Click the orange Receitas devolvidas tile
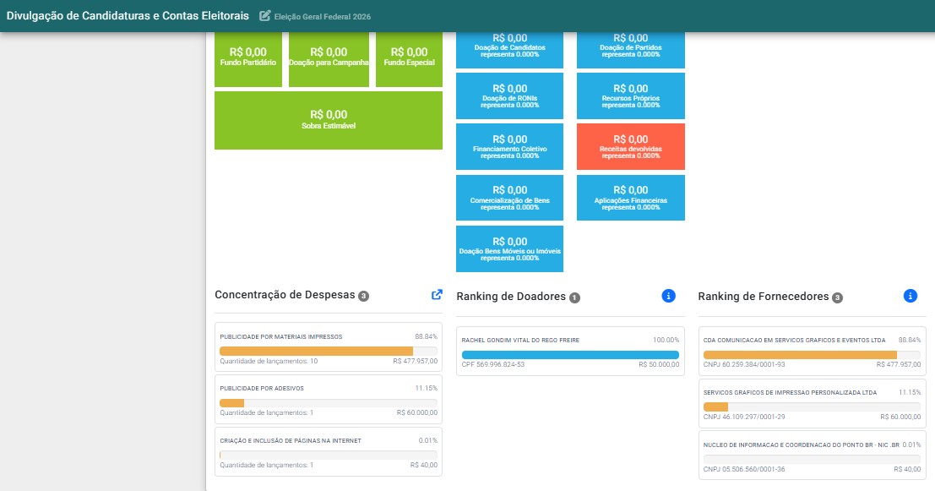pyautogui.click(x=630, y=147)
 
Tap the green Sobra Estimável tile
pyautogui.click(x=329, y=120)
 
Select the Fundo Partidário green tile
pyautogui.click(x=248, y=59)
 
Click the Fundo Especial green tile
pyautogui.click(x=409, y=59)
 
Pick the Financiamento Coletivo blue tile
pyautogui.click(x=510, y=147)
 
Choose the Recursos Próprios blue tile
pyautogui.click(x=630, y=96)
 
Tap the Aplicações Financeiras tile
pyautogui.click(x=630, y=198)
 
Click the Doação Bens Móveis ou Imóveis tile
pyautogui.click(x=510, y=248)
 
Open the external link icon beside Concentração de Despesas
pyautogui.click(x=437, y=295)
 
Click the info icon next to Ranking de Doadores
pyautogui.click(x=668, y=296)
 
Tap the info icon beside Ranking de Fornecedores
pyautogui.click(x=910, y=296)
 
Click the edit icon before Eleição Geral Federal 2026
pyautogui.click(x=264, y=16)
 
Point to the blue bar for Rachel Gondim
pyautogui.click(x=570, y=355)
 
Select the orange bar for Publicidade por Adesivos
pyautogui.click(x=232, y=403)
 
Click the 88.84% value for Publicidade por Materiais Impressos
pyautogui.click(x=427, y=337)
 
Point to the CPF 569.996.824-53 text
pyautogui.click(x=493, y=364)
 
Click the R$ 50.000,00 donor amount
pyautogui.click(x=659, y=364)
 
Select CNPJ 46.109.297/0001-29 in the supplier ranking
pyautogui.click(x=744, y=417)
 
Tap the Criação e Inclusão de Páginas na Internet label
pyautogui.click(x=291, y=441)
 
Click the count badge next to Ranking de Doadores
pyautogui.click(x=574, y=297)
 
